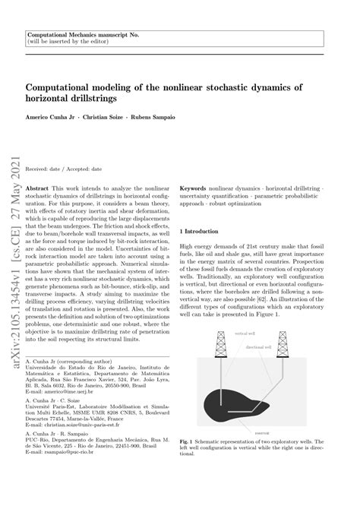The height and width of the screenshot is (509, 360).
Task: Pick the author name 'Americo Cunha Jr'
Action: [52, 119]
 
